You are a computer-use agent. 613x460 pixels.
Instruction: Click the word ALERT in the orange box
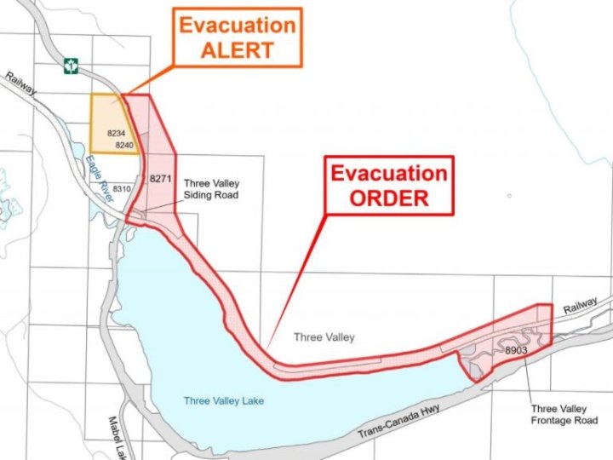pos(238,49)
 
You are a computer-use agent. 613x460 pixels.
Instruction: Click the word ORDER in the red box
pos(389,198)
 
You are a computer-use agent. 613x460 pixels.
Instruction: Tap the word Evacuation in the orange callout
pos(238,24)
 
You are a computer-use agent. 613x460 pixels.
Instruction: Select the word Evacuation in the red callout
pos(389,174)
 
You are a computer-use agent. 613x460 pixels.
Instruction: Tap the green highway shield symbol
pos(72,64)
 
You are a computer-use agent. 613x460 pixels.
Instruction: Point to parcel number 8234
pos(116,135)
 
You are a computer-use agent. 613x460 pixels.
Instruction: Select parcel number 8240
pos(124,146)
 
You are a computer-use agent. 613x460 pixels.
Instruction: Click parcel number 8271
pos(160,180)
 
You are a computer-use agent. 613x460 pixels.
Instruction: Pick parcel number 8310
pos(122,188)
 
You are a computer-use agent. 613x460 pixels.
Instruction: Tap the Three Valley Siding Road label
pos(212,189)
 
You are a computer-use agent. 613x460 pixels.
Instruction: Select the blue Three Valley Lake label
pos(224,401)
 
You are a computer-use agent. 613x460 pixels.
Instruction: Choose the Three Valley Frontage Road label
pos(564,415)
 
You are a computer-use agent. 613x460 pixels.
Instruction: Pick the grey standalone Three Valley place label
pos(324,337)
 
